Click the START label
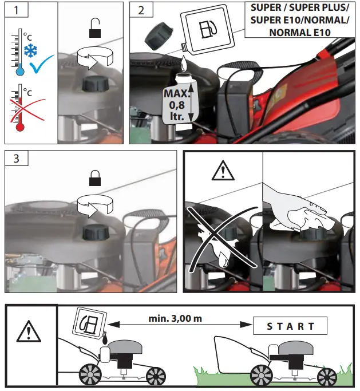[x=291, y=326]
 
